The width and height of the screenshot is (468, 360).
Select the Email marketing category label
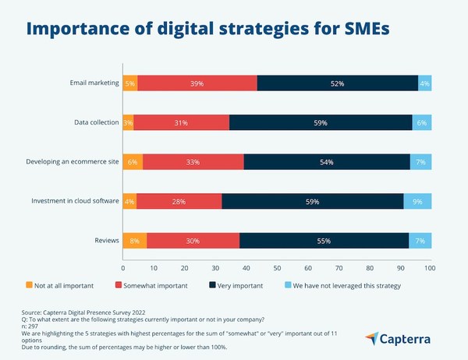click(x=91, y=83)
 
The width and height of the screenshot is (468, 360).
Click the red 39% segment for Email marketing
click(x=197, y=83)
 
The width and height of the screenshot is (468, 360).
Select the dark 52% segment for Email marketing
click(x=337, y=83)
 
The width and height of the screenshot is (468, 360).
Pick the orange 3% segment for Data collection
click(x=127, y=122)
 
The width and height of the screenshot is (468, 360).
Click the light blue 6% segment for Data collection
click(x=421, y=122)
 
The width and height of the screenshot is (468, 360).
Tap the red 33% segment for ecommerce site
click(x=193, y=162)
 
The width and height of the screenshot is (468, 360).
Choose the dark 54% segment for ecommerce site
click(x=326, y=162)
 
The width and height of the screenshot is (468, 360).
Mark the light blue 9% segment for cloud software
click(x=417, y=202)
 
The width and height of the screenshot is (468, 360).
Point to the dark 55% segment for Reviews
click(x=323, y=241)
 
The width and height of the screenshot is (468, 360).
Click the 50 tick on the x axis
click(x=276, y=268)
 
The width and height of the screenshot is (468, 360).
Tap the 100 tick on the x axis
click(x=430, y=268)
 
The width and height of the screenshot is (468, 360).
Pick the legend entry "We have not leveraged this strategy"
click(x=346, y=286)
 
